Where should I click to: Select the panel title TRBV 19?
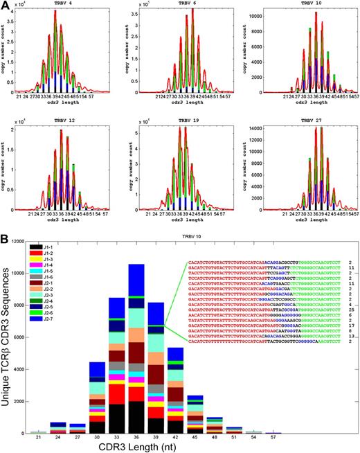(183, 121)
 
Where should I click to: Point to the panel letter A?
(6, 6)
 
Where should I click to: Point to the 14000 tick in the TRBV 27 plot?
(257, 128)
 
